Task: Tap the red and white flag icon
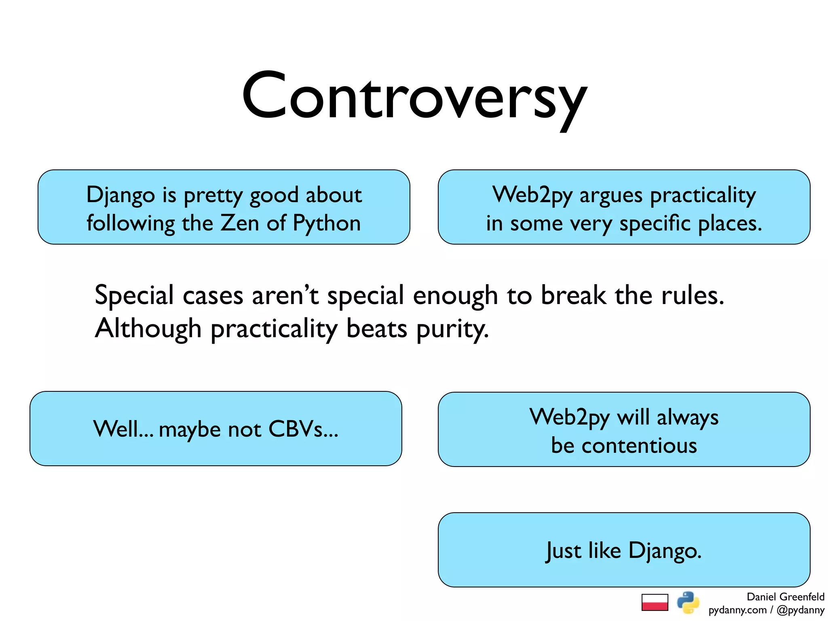coord(655,602)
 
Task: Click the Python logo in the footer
coord(688,602)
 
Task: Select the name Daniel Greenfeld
coord(785,597)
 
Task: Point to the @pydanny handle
coord(800,610)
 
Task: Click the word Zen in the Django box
coord(239,223)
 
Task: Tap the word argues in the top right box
coord(610,195)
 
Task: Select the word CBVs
coord(303,429)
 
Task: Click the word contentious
coord(639,446)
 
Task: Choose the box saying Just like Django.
coord(624,550)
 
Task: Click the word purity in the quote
coord(452,329)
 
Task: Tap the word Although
coord(148,328)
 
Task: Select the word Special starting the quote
coord(134,295)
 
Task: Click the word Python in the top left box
coord(327,224)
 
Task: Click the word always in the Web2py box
coord(687,417)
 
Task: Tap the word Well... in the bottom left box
coord(123,429)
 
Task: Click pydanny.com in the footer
coord(737,610)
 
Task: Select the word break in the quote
coord(573,295)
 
